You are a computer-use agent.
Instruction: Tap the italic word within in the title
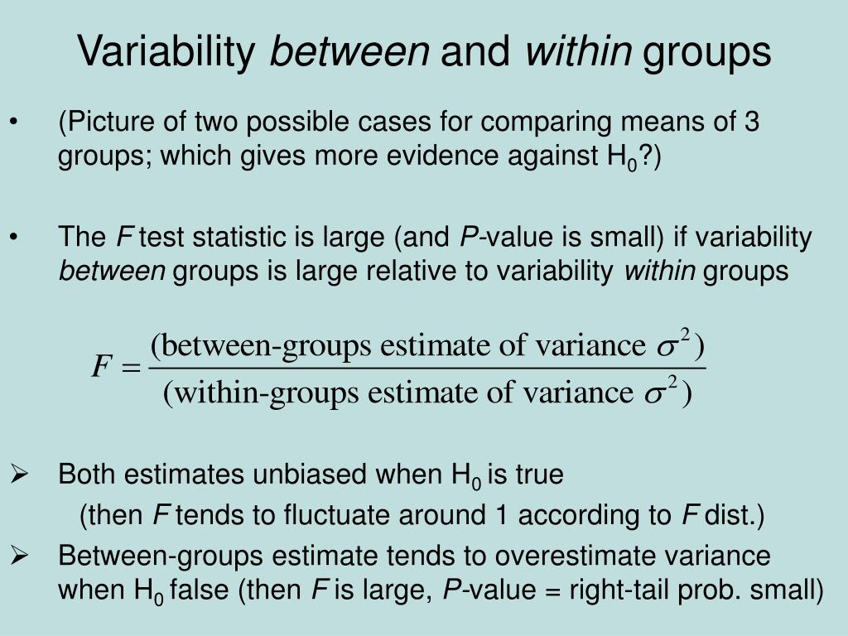coord(577,52)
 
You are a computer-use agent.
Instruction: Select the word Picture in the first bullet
coord(106,123)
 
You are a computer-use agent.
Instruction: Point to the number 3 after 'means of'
coord(751,123)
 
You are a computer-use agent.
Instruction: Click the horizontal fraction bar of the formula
coord(426,368)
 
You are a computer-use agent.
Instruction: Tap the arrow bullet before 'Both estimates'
coord(18,475)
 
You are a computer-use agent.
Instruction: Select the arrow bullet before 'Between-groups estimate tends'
coord(18,556)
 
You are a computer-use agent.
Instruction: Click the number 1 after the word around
coord(500,516)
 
